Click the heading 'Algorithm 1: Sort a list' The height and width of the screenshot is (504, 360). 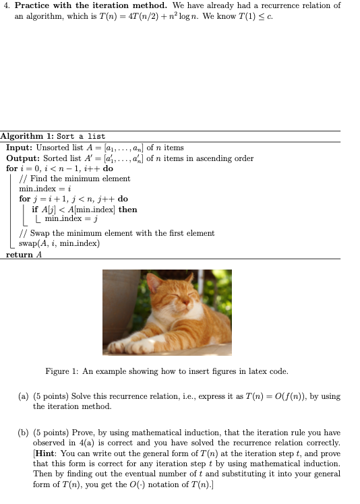click(x=53, y=136)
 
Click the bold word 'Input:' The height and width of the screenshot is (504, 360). click(x=20, y=148)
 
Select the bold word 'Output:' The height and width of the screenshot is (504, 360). click(x=24, y=158)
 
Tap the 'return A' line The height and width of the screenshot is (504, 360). click(x=24, y=254)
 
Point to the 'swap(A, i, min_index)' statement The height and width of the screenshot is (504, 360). click(x=59, y=243)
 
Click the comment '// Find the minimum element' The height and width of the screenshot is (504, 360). click(x=75, y=179)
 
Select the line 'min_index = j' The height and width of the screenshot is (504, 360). click(x=71, y=219)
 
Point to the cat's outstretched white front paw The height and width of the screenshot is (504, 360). click(x=120, y=346)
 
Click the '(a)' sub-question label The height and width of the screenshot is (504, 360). click(x=24, y=396)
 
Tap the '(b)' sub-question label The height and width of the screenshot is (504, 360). click(x=24, y=432)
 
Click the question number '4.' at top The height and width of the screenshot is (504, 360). click(x=7, y=5)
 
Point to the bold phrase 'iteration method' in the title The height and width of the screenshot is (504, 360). click(x=135, y=5)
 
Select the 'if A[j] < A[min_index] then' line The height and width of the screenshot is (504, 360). click(x=84, y=209)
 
